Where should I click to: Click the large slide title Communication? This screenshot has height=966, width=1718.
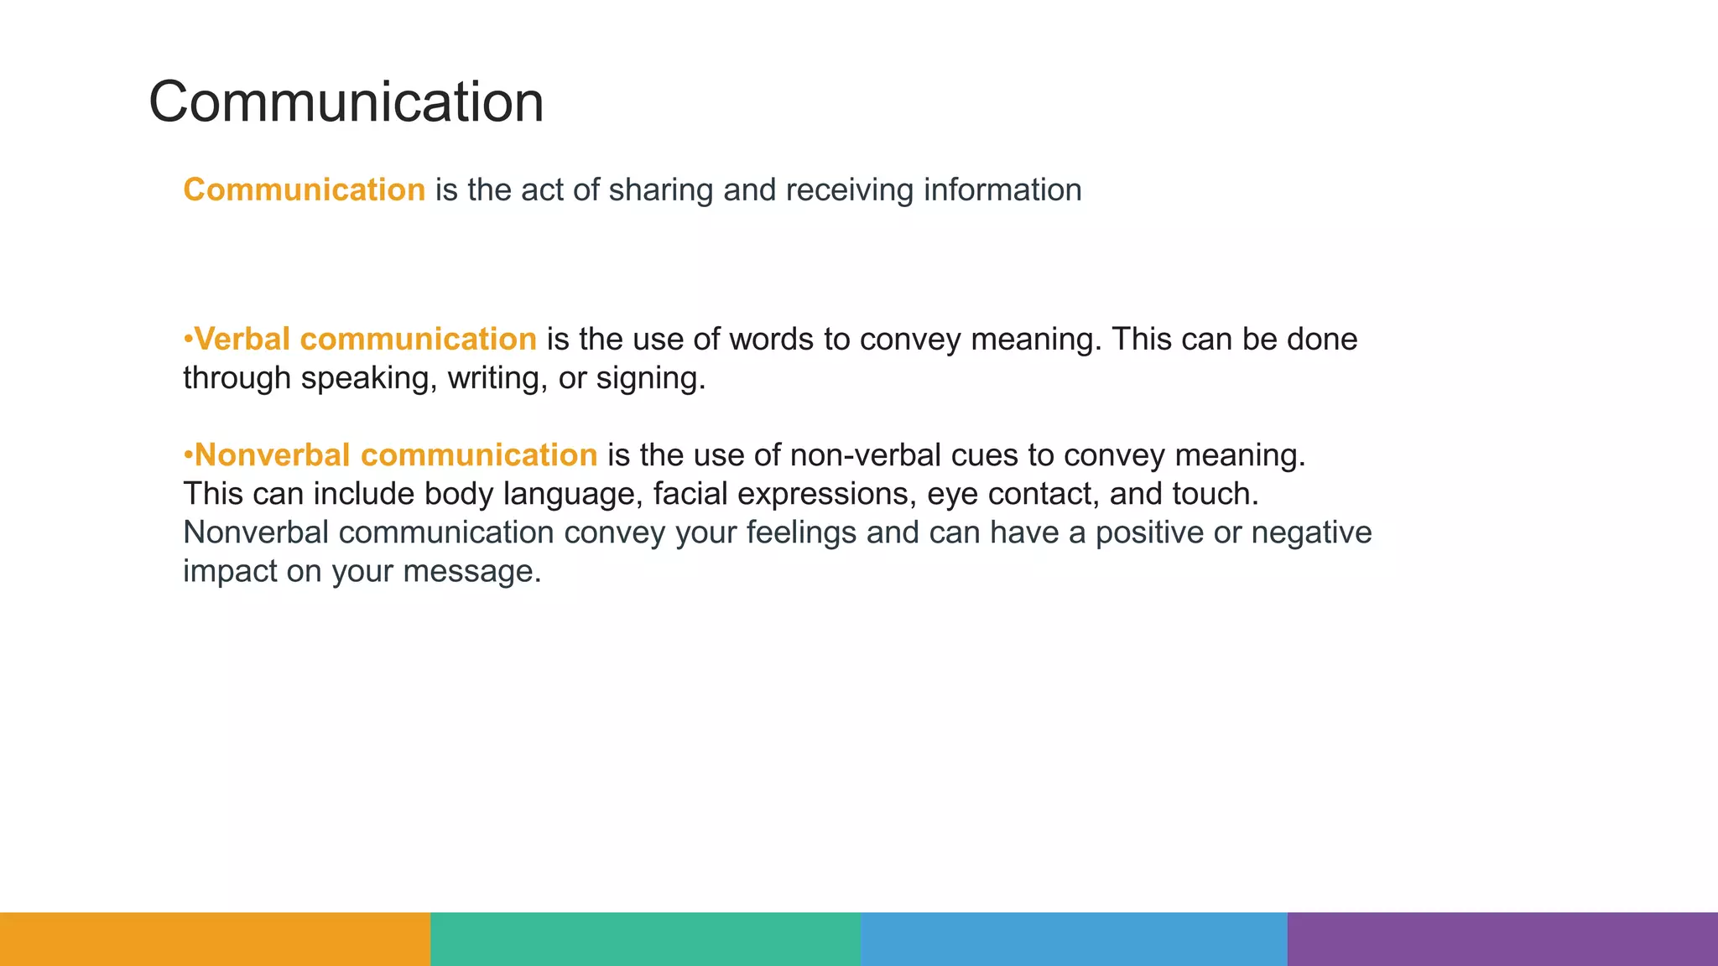(346, 101)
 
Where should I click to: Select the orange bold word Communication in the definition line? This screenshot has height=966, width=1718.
(305, 190)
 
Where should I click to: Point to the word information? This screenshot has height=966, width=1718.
(1002, 190)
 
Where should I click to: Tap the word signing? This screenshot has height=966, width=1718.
(650, 378)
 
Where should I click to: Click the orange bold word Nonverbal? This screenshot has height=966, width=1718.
(273, 454)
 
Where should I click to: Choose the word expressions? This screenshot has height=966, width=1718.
(826, 494)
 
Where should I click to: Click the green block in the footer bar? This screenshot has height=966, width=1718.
(645, 938)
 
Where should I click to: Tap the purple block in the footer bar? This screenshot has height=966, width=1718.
(1502, 938)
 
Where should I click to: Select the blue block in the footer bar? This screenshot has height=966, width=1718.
(1074, 938)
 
